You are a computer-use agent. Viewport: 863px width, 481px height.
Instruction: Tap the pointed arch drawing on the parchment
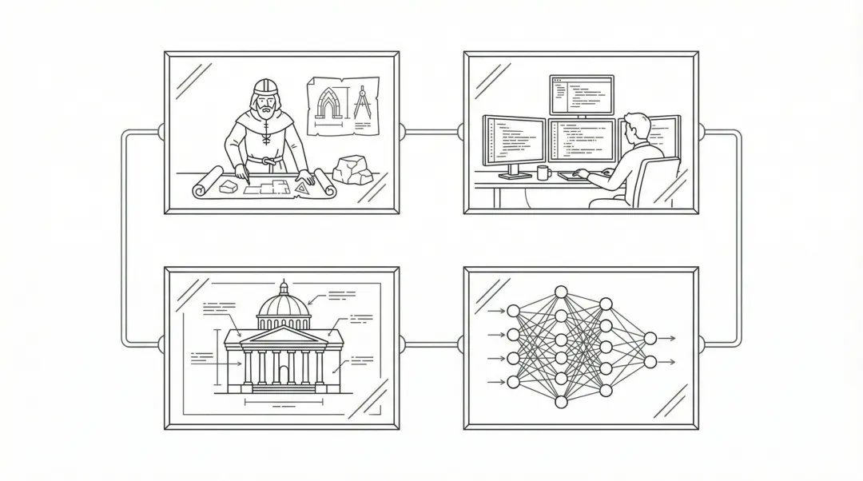(x=328, y=104)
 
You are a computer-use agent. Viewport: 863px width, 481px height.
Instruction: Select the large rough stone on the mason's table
(x=352, y=169)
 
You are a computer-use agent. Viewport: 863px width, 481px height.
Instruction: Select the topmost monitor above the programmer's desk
(x=581, y=94)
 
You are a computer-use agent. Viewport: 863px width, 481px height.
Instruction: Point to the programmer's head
(x=634, y=128)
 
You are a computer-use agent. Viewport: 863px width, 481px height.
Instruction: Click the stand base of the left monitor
(x=513, y=174)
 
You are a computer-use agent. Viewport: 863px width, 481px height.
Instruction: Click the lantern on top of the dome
(x=283, y=287)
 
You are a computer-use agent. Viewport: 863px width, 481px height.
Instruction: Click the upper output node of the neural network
(x=650, y=338)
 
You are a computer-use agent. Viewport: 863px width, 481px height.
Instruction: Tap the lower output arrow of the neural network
(x=667, y=362)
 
